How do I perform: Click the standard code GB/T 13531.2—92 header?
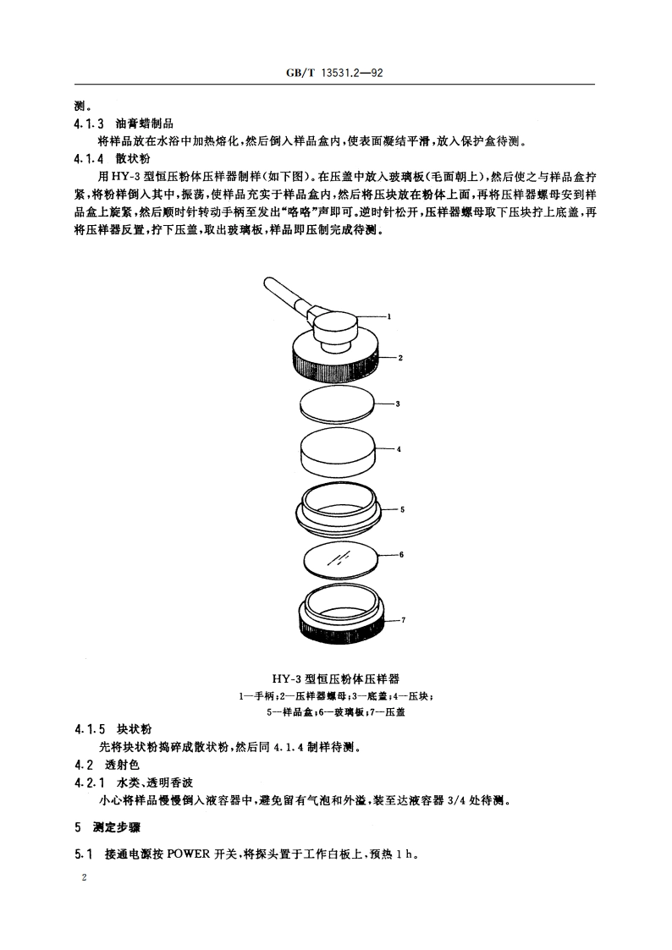[x=335, y=74]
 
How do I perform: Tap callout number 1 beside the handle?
[x=389, y=316]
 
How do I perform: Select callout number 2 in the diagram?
[x=400, y=359]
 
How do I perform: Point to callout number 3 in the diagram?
[x=398, y=404]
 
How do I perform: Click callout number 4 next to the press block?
[x=399, y=448]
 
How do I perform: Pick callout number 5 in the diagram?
[x=403, y=510]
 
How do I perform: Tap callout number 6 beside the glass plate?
[x=401, y=554]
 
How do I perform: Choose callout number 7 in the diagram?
[x=404, y=620]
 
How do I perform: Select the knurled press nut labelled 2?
[x=336, y=365]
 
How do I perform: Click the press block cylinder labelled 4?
[x=337, y=454]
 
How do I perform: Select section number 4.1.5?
[x=89, y=729]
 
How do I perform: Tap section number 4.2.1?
[x=89, y=783]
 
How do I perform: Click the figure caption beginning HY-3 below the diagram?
[x=335, y=678]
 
